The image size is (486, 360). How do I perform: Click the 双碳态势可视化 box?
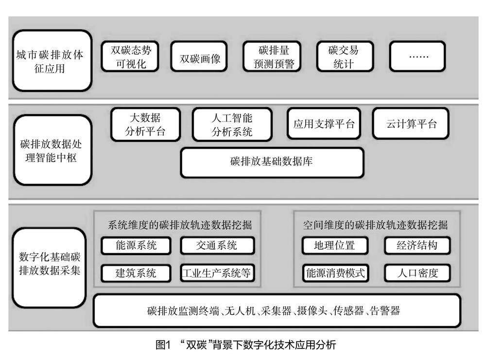pyautogui.click(x=130, y=56)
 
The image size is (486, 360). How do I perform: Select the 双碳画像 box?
pyautogui.click(x=199, y=56)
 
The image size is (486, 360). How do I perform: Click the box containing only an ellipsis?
pyautogui.click(x=417, y=56)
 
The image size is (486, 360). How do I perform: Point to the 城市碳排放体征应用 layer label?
pyautogui.click(x=52, y=61)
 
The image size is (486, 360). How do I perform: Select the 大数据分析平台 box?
pyautogui.click(x=145, y=124)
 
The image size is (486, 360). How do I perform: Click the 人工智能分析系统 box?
pyautogui.click(x=232, y=124)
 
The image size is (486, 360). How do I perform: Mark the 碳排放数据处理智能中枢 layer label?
pyautogui.click(x=52, y=150)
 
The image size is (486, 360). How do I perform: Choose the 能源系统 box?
pyautogui.click(x=136, y=245)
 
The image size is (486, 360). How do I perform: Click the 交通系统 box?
pyautogui.click(x=217, y=245)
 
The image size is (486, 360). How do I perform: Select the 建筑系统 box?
pyautogui.click(x=136, y=273)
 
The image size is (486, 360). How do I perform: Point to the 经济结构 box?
pyautogui.click(x=417, y=245)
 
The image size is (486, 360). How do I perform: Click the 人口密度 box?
pyautogui.click(x=417, y=273)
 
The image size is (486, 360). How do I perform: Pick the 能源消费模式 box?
pyautogui.click(x=335, y=273)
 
